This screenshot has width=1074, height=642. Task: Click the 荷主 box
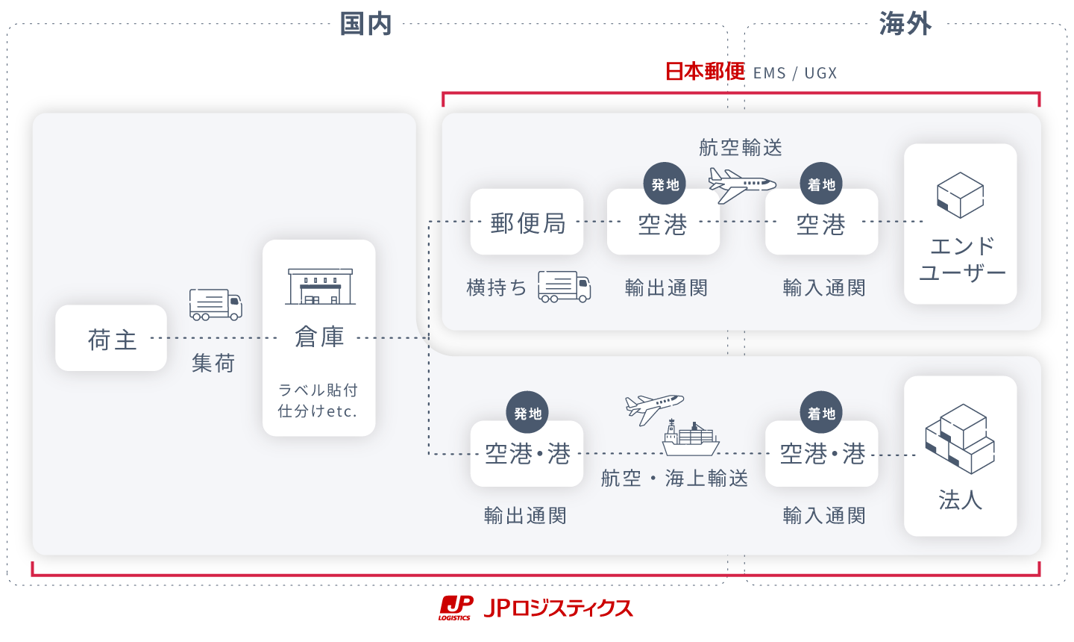coord(111,338)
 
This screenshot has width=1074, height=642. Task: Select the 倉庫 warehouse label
coord(319,337)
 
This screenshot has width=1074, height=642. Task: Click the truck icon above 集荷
coord(216,304)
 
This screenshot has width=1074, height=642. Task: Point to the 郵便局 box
coord(527,222)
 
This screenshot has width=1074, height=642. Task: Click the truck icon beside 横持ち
coord(565,287)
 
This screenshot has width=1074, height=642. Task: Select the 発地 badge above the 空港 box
coord(665,184)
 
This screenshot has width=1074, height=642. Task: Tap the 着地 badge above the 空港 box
coord(821,184)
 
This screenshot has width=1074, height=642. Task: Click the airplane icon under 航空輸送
coord(741,184)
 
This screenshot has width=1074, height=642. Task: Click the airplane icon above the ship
coord(653,408)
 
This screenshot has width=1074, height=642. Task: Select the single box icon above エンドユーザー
coord(960,195)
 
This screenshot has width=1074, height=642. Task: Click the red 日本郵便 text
coord(705,72)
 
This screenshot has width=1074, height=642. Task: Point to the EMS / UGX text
coord(795,73)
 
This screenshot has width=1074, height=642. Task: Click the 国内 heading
coord(365,24)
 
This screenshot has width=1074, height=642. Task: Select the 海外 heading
coord(905,24)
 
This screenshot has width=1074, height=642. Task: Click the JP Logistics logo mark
coord(456,608)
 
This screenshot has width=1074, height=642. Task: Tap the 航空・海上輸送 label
coord(674,478)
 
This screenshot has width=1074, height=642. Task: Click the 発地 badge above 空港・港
coord(527,412)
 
